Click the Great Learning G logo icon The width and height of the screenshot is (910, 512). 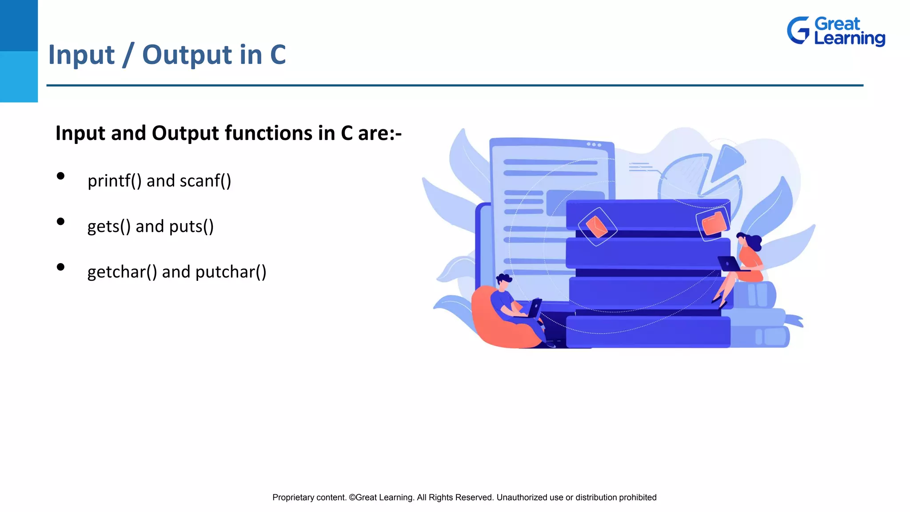(x=798, y=30)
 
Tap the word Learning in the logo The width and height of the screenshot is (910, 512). (x=849, y=39)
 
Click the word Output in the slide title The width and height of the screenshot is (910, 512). (x=187, y=55)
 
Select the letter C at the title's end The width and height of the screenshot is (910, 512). (x=278, y=55)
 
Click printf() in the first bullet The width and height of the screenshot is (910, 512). (x=114, y=181)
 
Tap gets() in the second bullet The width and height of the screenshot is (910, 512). (x=109, y=227)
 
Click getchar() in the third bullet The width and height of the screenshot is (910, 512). (x=122, y=272)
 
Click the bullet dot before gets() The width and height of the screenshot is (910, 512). (x=61, y=221)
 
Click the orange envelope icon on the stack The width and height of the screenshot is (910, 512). (x=597, y=227)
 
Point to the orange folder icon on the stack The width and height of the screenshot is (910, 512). (x=714, y=224)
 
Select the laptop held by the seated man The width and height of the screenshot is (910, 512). (x=535, y=308)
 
